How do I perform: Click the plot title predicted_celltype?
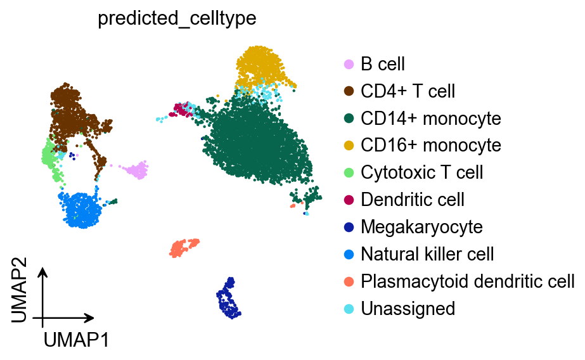pos(177,18)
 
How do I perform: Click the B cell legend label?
pos(383,64)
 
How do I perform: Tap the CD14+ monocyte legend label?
pos(431,119)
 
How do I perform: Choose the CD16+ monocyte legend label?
pos(431,146)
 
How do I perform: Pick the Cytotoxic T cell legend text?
pos(422,172)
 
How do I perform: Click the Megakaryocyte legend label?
pos(421,227)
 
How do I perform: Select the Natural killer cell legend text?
pos(427,254)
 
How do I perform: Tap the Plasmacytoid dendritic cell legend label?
pos(468,281)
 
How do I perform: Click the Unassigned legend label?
pos(408,309)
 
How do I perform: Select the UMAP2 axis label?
pos(20,295)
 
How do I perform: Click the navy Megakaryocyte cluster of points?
pos(229,300)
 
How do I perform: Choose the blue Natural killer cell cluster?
pos(81,209)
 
